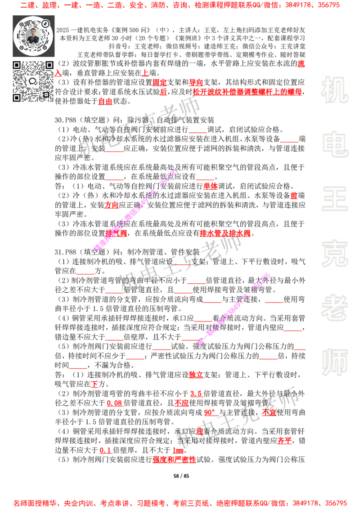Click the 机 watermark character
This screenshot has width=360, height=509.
tap(334, 90)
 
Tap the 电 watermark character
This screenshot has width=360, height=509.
tap(336, 144)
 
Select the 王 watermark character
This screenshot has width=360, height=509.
tap(334, 199)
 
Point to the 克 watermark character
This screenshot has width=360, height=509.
tap(334, 254)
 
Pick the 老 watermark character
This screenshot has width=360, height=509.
tap(334, 308)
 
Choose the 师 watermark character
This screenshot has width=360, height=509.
tap(334, 363)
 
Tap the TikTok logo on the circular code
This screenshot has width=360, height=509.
tap(45, 22)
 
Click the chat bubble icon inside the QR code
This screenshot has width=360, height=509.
tap(33, 81)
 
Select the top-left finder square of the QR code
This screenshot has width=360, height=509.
tap(17, 65)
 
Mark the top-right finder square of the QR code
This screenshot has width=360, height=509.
tap(49, 65)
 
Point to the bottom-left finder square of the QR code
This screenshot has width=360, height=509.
tap(17, 98)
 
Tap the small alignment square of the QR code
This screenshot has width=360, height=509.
tap(46, 94)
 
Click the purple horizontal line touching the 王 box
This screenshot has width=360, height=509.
tap(229, 210)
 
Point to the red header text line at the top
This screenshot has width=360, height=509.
tap(180, 5)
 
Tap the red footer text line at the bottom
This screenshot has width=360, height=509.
tap(180, 503)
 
